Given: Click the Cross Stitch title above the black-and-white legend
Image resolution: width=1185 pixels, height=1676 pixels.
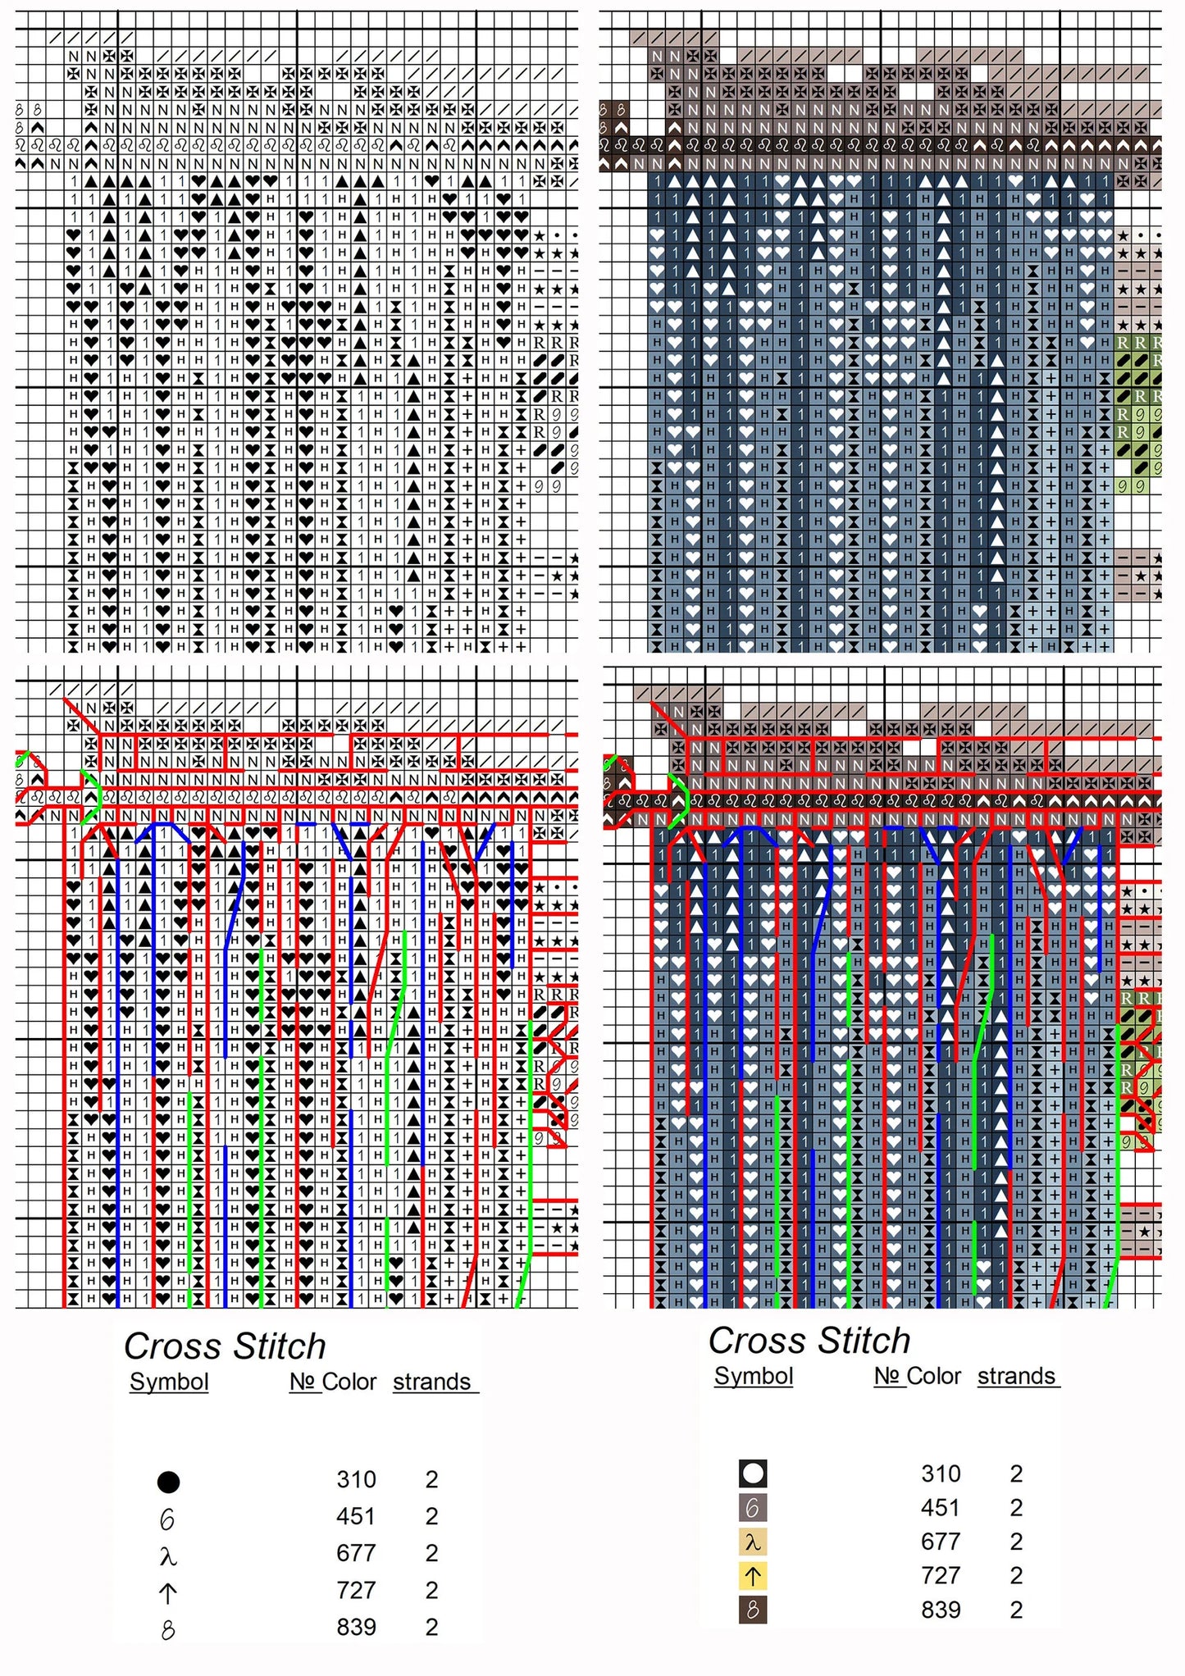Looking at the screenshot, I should click(225, 1346).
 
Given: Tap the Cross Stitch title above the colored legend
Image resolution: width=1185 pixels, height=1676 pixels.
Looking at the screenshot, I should click(809, 1341).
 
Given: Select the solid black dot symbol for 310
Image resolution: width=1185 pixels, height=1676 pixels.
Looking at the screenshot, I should click(168, 1482).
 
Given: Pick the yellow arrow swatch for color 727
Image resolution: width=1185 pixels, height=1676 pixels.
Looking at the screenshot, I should click(753, 1575).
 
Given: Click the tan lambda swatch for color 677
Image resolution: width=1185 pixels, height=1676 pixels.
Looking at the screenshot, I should click(753, 1542).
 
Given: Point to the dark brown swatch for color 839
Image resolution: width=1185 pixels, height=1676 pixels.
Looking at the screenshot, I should click(753, 1610).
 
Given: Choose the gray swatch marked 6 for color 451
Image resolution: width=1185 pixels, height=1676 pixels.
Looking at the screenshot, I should click(753, 1507).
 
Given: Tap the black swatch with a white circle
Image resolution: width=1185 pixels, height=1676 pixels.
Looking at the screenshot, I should click(753, 1473).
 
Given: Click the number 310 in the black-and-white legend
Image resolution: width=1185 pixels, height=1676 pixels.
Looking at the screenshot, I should click(356, 1479).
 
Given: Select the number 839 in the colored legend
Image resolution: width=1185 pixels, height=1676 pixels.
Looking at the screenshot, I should click(941, 1610).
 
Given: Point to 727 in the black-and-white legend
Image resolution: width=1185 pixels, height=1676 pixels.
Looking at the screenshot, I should click(356, 1590).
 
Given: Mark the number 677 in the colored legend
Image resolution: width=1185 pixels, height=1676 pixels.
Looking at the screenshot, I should click(941, 1542).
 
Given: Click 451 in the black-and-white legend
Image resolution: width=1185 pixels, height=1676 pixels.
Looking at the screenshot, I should click(356, 1516).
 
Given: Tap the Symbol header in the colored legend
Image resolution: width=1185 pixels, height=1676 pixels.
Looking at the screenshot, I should click(754, 1376).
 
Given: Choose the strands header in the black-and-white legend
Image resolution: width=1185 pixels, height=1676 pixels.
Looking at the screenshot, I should click(432, 1382).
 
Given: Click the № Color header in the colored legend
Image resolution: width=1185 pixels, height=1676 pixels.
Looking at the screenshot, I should click(918, 1376).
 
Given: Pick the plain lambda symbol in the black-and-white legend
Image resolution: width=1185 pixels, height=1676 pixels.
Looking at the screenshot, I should click(168, 1555).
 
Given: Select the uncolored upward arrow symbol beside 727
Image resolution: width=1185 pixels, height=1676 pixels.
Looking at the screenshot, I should click(168, 1593).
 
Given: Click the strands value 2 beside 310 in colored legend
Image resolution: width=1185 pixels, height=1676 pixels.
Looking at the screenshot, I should click(1017, 1473).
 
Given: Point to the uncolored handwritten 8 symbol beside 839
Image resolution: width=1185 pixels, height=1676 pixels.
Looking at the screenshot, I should click(168, 1630).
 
